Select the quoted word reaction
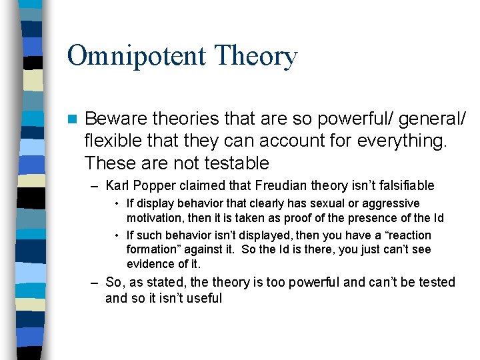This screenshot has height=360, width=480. [408, 235]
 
